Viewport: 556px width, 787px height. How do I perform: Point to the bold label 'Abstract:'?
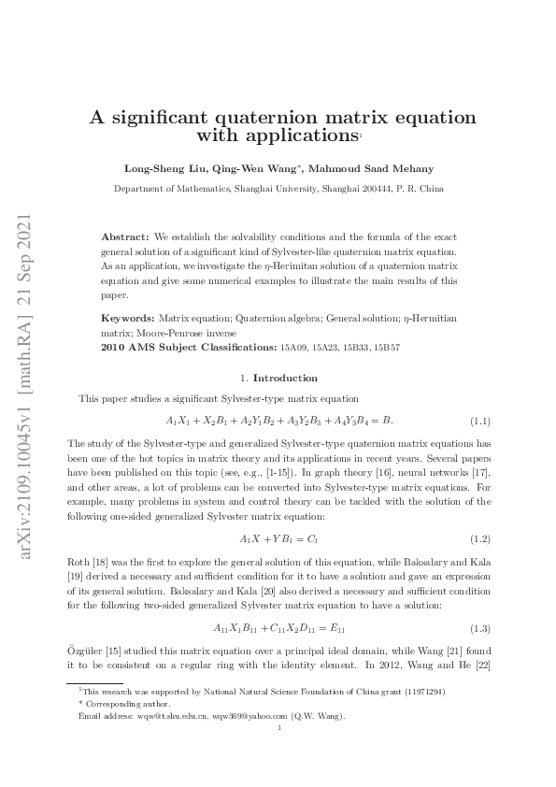click(x=125, y=238)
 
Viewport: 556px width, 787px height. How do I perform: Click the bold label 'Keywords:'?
click(x=128, y=319)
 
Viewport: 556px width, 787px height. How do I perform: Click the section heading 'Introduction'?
click(x=286, y=378)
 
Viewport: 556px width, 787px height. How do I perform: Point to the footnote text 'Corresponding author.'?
click(x=118, y=704)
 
